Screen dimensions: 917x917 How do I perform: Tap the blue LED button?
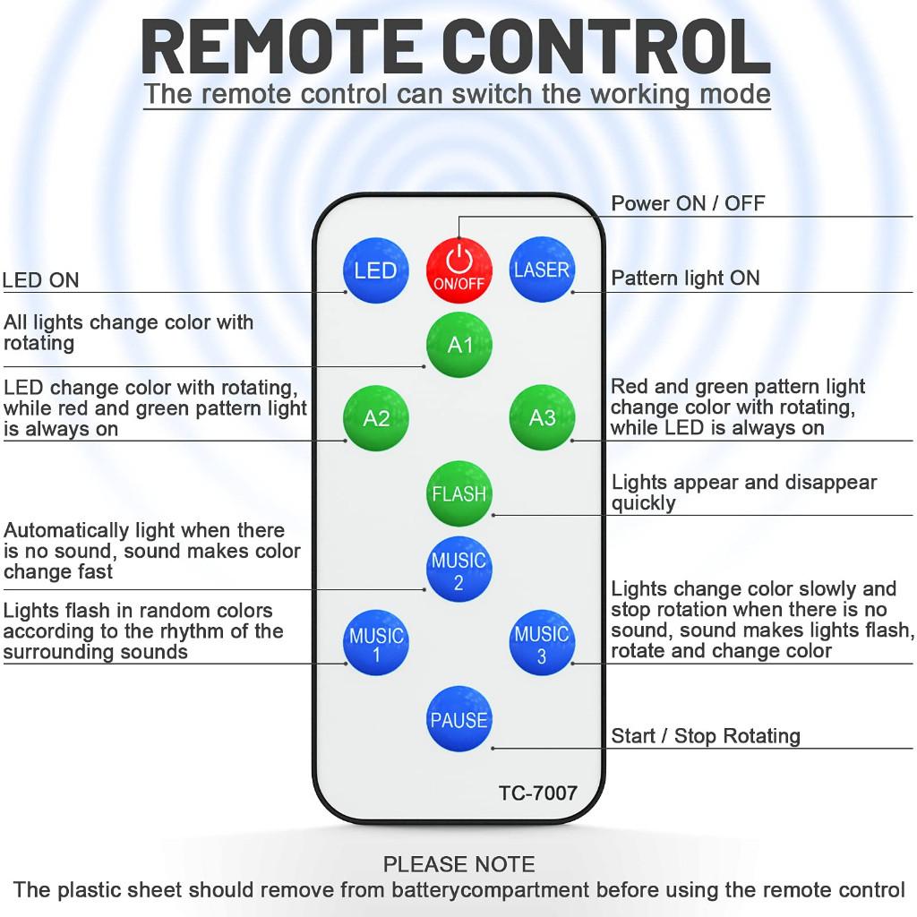point(375,270)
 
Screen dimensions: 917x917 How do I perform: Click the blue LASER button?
point(542,270)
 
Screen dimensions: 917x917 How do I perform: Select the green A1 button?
point(459,344)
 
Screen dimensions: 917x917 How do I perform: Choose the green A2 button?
point(376,417)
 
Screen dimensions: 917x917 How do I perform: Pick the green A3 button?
point(542,417)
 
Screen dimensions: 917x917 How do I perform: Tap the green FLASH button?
point(459,493)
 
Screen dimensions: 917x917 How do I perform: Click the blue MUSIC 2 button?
point(458,570)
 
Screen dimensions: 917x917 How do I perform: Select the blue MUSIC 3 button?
point(542,644)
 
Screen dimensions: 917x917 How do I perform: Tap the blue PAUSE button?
point(458,719)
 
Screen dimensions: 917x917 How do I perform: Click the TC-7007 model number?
point(537,793)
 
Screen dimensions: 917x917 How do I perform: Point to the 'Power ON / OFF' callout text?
point(688,203)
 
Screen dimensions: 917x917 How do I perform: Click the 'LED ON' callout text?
point(41,280)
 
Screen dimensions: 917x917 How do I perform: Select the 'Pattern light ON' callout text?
point(685,279)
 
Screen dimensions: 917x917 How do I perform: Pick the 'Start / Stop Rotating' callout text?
point(706,736)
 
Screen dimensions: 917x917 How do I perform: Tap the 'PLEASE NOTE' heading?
point(458,864)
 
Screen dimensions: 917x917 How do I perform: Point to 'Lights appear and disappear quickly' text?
point(743,493)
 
